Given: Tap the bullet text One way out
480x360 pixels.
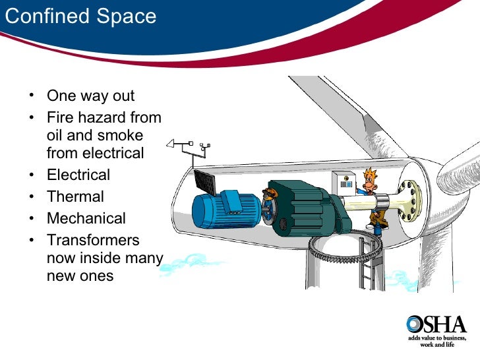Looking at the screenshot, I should pos(90,96).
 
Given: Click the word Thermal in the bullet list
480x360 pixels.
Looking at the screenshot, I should pos(75,196).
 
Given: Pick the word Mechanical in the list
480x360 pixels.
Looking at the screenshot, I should pos(86,218).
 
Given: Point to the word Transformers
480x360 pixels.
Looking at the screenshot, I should pos(93,240).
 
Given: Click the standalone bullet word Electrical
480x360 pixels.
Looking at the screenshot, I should pos(78,175).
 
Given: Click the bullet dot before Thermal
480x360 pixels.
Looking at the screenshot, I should pos(32,196).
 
